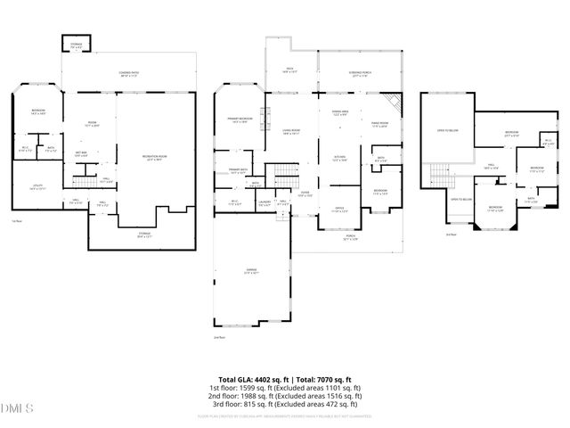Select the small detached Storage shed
72,45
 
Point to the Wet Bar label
81,153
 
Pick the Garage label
252,274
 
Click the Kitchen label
339,160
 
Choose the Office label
339,210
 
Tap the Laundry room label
265,202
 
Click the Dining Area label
339,112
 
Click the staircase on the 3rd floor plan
440,175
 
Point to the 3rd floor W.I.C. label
548,142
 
